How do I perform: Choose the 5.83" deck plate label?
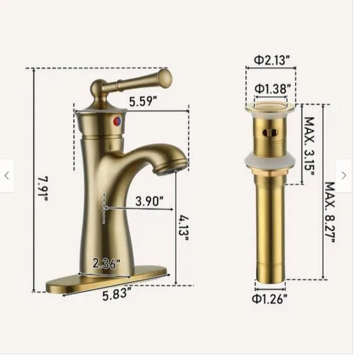[x=116, y=295]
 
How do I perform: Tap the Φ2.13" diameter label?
[x=271, y=60]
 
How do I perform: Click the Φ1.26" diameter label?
[x=271, y=299]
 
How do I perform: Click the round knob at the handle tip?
[x=164, y=77]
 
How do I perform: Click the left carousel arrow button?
[x=7, y=176]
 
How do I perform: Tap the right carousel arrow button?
[x=344, y=176]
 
